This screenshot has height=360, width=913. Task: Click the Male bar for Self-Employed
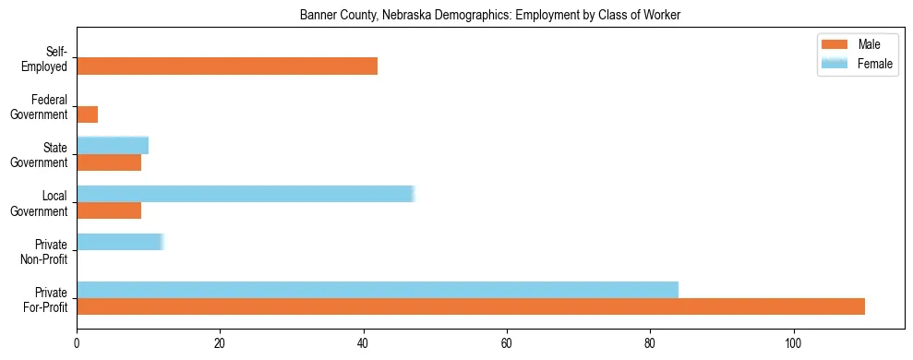(227, 66)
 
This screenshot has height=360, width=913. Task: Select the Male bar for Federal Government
(88, 114)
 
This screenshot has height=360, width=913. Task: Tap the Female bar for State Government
(113, 146)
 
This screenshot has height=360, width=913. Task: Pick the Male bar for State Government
(109, 162)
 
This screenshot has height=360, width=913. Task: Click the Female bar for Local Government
(246, 194)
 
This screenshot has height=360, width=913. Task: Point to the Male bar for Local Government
(109, 210)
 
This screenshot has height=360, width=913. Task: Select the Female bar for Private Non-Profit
(120, 242)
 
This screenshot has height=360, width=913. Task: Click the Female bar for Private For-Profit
(378, 290)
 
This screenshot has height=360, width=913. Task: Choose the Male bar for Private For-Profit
(471, 306)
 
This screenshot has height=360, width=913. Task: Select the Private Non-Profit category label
(45, 251)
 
